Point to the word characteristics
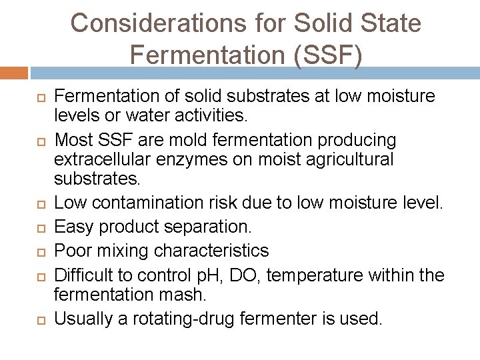click(211, 251)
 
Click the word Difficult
click(85, 275)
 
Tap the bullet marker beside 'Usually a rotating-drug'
click(40, 319)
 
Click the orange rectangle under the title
click(14, 73)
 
